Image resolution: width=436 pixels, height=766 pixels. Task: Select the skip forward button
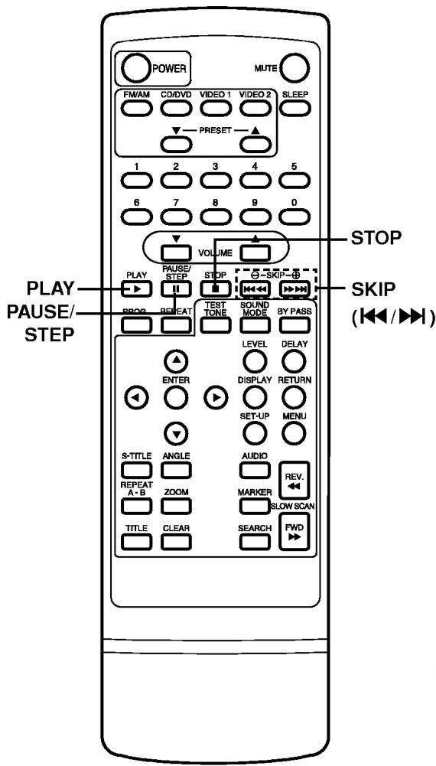(x=294, y=290)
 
